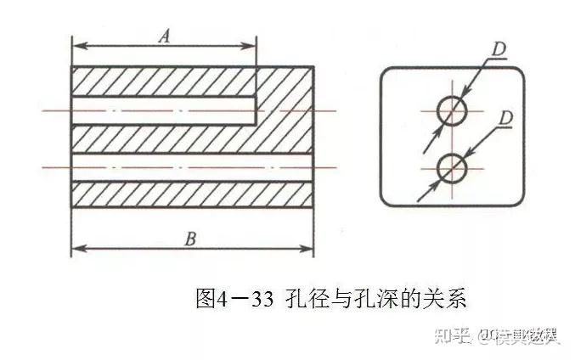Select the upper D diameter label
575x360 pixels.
(x=499, y=49)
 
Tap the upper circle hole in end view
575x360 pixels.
(x=452, y=110)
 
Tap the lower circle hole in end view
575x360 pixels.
(x=452, y=169)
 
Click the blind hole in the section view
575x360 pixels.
(x=161, y=110)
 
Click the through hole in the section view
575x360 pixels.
(x=191, y=167)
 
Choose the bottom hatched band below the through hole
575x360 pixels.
(x=191, y=194)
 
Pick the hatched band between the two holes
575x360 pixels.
(x=161, y=138)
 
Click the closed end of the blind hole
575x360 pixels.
(x=256, y=110)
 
